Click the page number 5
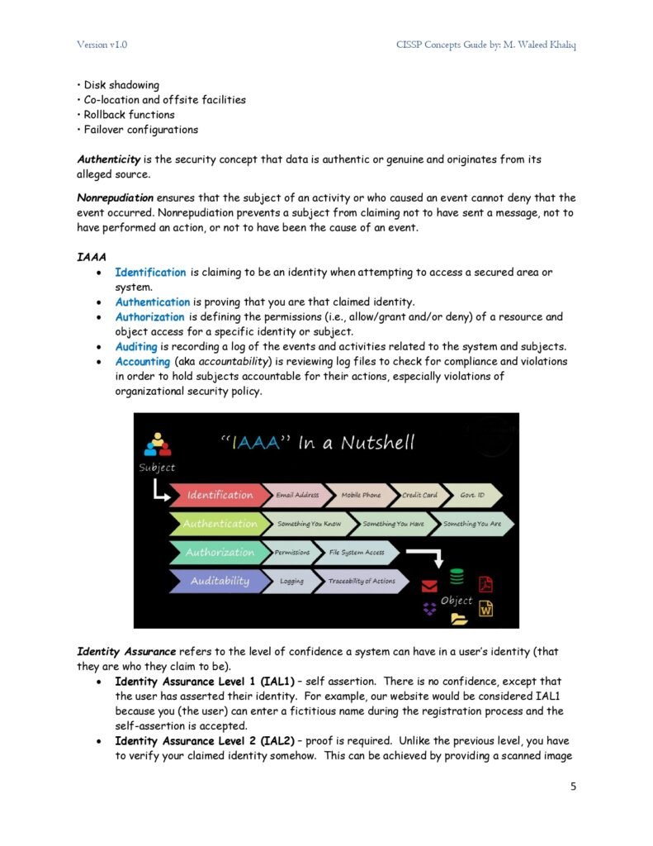[x=573, y=786]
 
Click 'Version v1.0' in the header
[x=102, y=44]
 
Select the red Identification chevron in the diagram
[x=220, y=495]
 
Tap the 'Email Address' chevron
[x=296, y=495]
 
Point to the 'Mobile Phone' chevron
[x=361, y=495]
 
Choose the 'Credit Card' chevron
[x=419, y=495]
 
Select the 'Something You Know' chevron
[x=309, y=524]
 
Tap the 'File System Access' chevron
[x=357, y=552]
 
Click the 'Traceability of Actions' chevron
[x=362, y=581]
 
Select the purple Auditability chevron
[x=219, y=581]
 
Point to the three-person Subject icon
[x=157, y=444]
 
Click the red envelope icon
[x=429, y=587]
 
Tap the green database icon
[x=457, y=577]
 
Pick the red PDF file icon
[x=486, y=583]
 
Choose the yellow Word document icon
[x=486, y=610]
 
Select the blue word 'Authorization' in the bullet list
[x=149, y=316]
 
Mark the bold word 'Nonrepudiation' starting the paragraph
[x=115, y=197]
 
